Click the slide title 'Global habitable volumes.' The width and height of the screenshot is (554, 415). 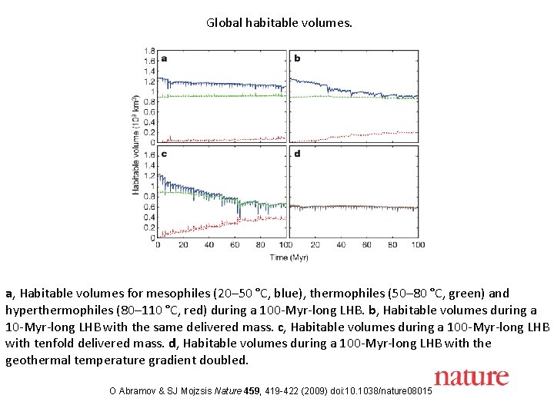tap(279, 23)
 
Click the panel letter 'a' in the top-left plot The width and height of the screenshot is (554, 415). tap(163, 58)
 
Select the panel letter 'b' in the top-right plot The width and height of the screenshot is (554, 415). tap(297, 58)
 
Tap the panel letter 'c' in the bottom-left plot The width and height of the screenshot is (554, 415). tap(163, 154)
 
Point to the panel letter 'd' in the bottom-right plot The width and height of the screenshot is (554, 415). tap(297, 154)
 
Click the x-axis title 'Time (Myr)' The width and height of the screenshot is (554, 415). tap(289, 257)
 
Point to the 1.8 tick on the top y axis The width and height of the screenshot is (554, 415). tap(150, 51)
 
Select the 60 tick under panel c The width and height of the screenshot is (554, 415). tap(235, 245)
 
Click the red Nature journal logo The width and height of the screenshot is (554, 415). tap(471, 377)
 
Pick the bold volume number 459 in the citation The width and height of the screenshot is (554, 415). tap(252, 393)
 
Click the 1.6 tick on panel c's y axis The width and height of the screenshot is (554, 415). tap(150, 154)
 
